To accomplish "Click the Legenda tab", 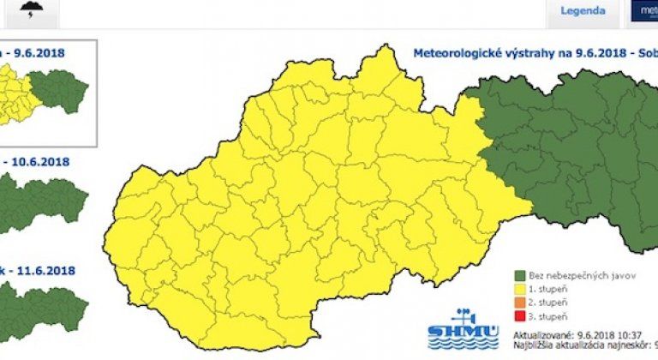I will pos(583,11).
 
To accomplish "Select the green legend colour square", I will pos(519,276).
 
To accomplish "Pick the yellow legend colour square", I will pos(519,290).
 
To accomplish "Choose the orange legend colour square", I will pos(519,303).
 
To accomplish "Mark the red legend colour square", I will pos(519,317).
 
